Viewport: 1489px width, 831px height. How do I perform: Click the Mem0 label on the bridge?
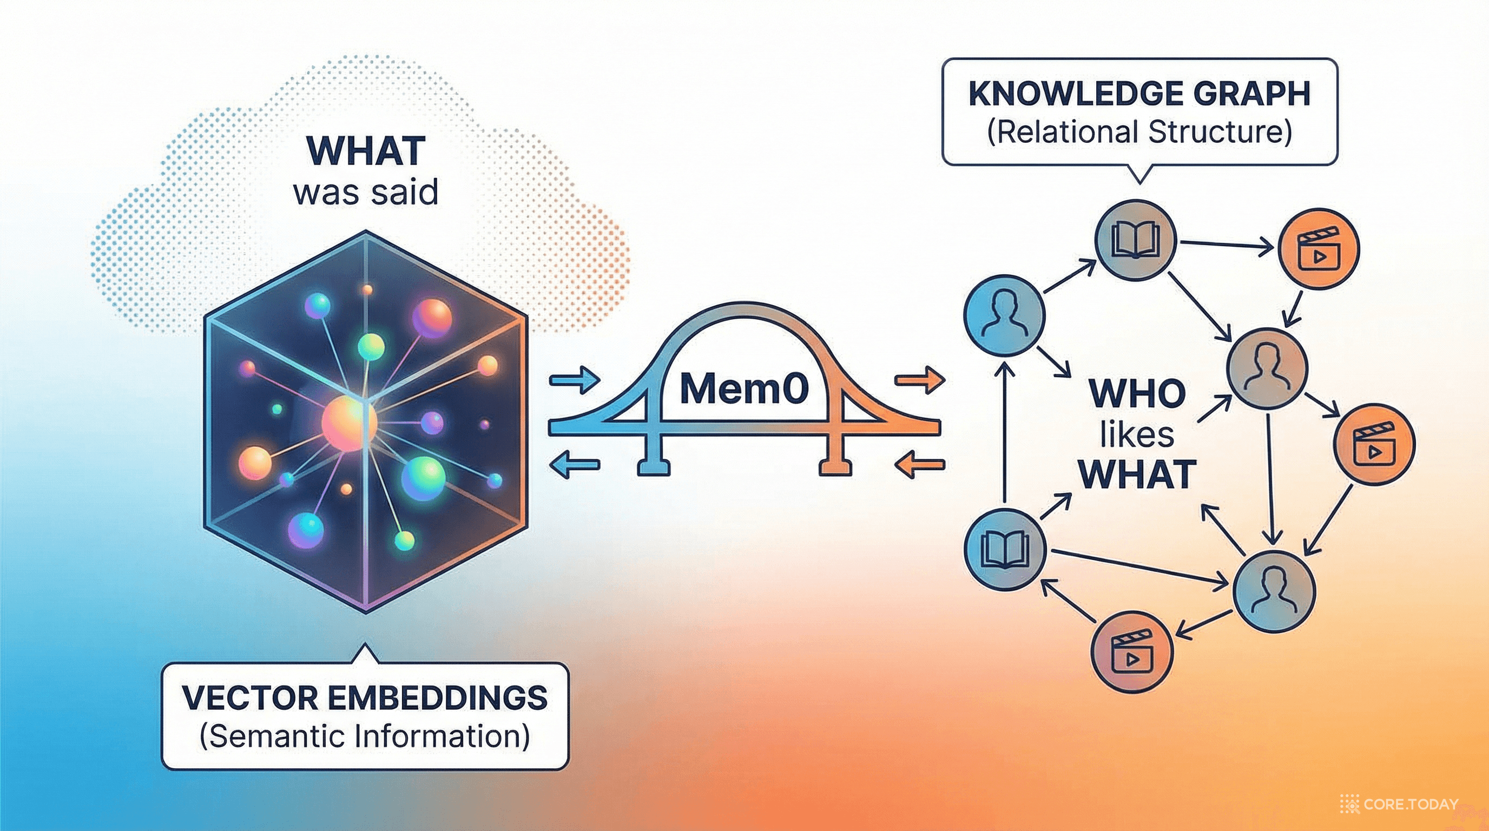point(744,389)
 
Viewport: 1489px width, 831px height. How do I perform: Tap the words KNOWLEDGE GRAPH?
point(1139,94)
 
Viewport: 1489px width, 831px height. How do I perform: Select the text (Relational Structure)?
point(1139,133)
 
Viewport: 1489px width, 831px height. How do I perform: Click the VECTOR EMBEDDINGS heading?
point(365,698)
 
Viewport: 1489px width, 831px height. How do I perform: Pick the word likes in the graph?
point(1136,434)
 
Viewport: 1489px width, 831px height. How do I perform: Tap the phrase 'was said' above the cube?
point(366,193)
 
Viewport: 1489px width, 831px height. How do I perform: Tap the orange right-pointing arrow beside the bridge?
point(920,380)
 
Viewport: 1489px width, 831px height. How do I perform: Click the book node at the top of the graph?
point(1136,240)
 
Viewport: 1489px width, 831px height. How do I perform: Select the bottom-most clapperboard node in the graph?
point(1131,652)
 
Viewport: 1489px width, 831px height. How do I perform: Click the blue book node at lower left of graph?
point(1005,549)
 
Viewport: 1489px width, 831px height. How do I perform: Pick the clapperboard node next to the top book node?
point(1319,249)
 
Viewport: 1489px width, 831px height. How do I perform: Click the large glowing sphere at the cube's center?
point(348,424)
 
